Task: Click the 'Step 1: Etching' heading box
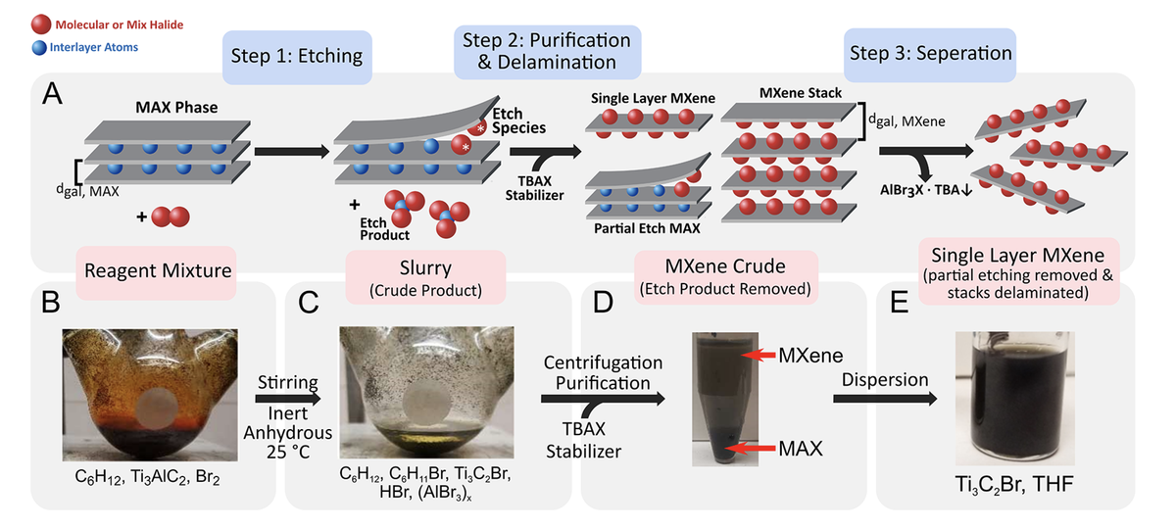coord(296,56)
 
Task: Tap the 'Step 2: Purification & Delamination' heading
coord(548,52)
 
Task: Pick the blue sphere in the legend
coord(40,46)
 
